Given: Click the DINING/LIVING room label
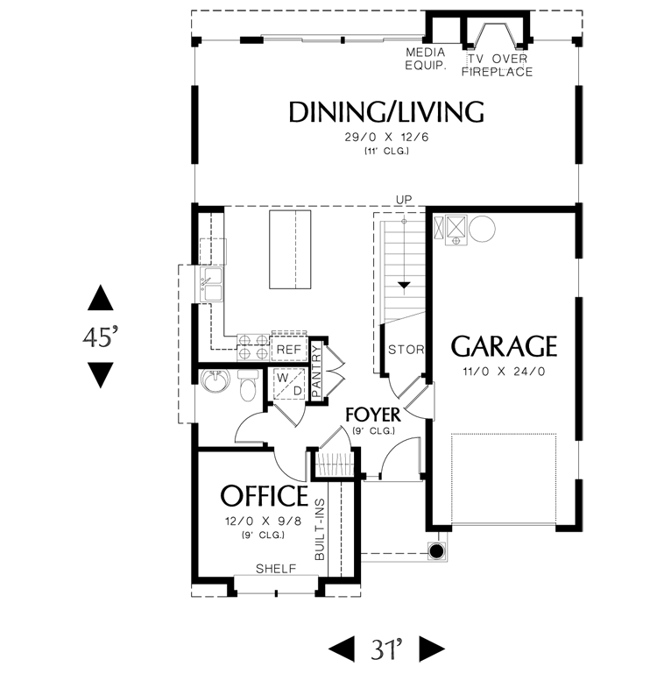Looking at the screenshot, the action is click(x=385, y=111).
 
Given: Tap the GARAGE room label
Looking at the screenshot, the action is click(x=504, y=346).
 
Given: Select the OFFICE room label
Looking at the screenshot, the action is click(x=264, y=495).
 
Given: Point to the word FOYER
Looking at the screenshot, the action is click(x=373, y=415).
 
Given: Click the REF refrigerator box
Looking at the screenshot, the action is click(x=289, y=350).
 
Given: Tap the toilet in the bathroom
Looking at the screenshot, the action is click(x=248, y=385).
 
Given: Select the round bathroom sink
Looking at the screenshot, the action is click(x=215, y=380).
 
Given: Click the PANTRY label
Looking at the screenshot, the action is click(x=316, y=371).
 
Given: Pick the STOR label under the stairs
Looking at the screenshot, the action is click(x=406, y=350).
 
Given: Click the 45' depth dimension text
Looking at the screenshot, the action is click(x=101, y=337).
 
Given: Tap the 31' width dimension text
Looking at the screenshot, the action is click(x=387, y=649).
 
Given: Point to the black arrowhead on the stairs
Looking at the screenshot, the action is click(x=404, y=286).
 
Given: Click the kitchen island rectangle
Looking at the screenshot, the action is click(x=290, y=250).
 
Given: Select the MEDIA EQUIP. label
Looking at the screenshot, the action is click(x=426, y=59).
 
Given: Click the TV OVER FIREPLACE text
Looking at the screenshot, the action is click(x=497, y=65).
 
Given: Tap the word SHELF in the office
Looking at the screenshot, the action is click(x=276, y=569).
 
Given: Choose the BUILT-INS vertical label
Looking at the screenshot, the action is click(x=320, y=529).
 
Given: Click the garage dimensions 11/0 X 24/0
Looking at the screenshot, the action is click(x=505, y=372).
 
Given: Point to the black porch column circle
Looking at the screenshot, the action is click(x=437, y=551).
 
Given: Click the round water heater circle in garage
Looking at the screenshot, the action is click(x=482, y=229).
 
